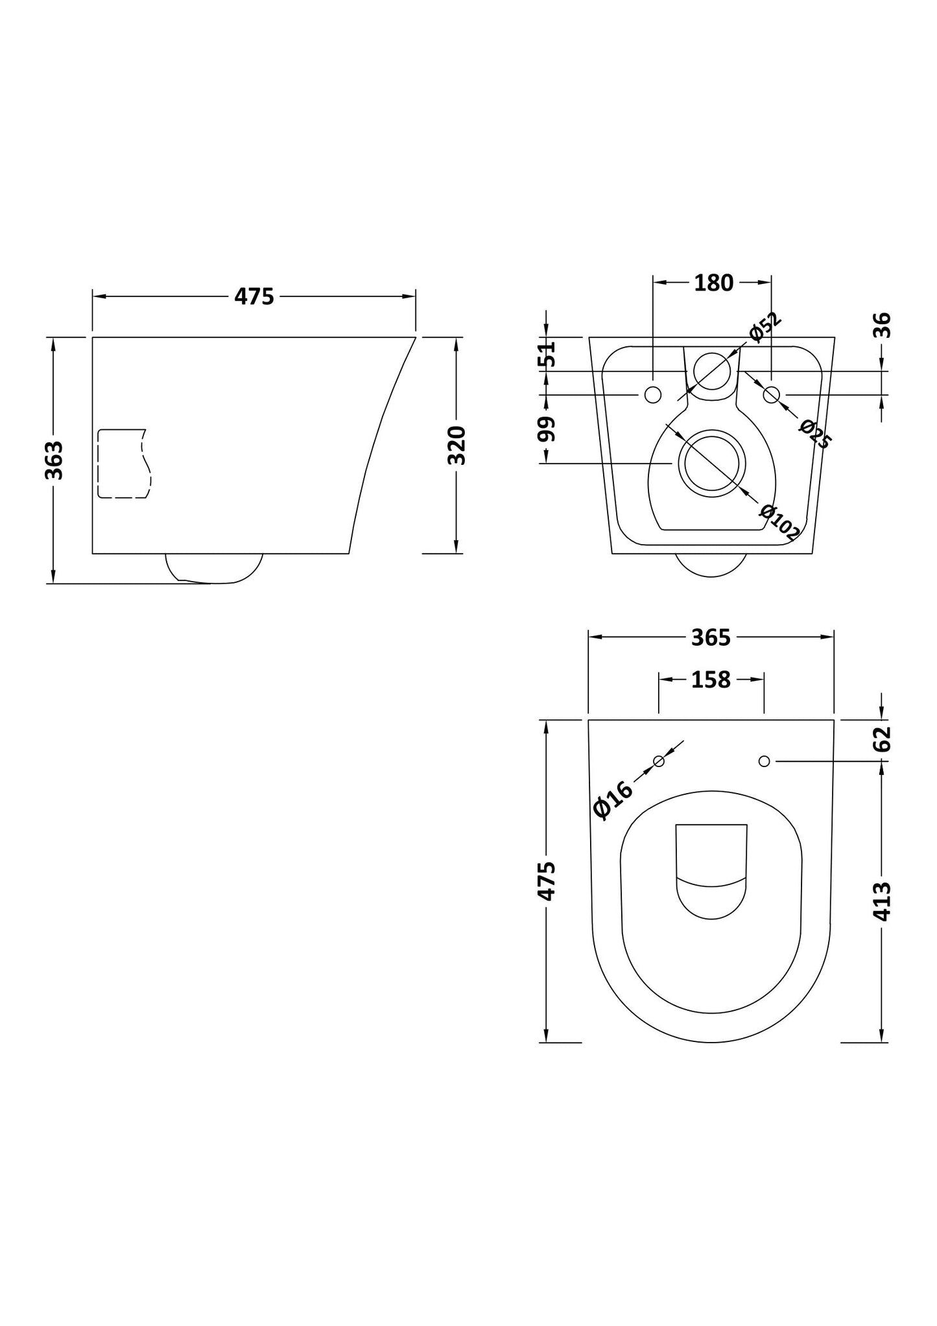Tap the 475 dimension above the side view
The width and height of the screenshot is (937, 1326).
point(254,296)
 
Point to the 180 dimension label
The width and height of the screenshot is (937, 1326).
point(713,283)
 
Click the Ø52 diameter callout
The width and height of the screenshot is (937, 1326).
point(766,328)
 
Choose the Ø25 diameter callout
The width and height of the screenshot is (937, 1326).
point(814,434)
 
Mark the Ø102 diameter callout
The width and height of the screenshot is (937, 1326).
point(779,523)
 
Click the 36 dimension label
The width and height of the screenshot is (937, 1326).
point(883,326)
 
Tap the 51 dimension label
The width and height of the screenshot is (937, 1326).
point(548,354)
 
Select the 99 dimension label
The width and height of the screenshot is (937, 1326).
point(548,429)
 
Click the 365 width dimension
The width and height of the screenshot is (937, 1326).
point(711,638)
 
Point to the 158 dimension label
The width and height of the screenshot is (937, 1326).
point(711,680)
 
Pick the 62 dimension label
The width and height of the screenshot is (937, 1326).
point(883,739)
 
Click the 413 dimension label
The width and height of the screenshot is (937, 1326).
point(883,901)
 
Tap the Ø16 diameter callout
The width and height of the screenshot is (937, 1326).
point(612,800)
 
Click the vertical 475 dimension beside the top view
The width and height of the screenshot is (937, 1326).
point(548,881)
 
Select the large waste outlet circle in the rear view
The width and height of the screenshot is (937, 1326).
point(712,463)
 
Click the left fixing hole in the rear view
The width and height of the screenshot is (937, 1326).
point(653,394)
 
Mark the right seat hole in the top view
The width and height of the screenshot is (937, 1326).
point(764,761)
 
